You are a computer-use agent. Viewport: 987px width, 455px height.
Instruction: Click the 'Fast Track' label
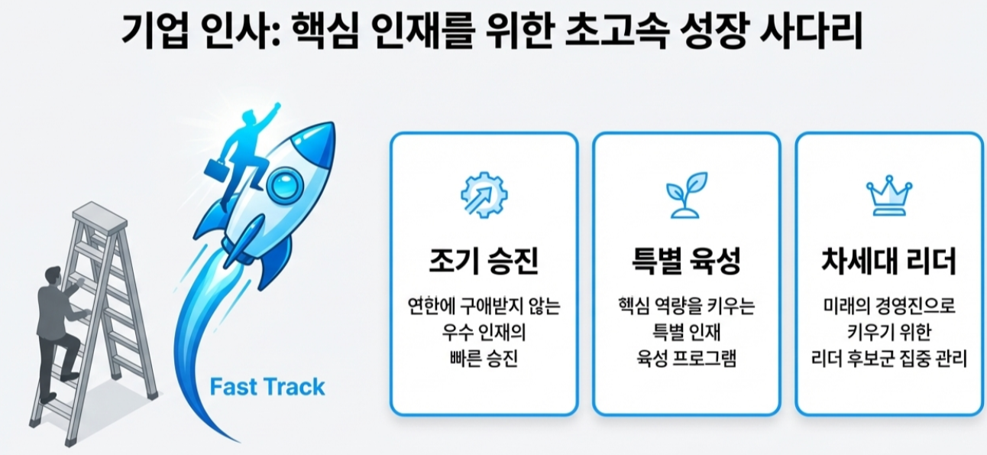pyautogui.click(x=267, y=387)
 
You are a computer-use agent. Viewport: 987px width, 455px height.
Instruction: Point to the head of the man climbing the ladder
pyautogui.click(x=53, y=275)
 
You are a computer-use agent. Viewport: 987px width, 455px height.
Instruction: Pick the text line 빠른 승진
pyautogui.click(x=484, y=358)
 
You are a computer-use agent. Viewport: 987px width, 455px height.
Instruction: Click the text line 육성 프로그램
pyautogui.click(x=686, y=358)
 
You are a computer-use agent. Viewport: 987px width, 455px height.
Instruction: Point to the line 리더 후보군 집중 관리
pyautogui.click(x=888, y=358)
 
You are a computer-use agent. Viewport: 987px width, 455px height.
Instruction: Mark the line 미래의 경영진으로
pyautogui.click(x=888, y=307)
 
